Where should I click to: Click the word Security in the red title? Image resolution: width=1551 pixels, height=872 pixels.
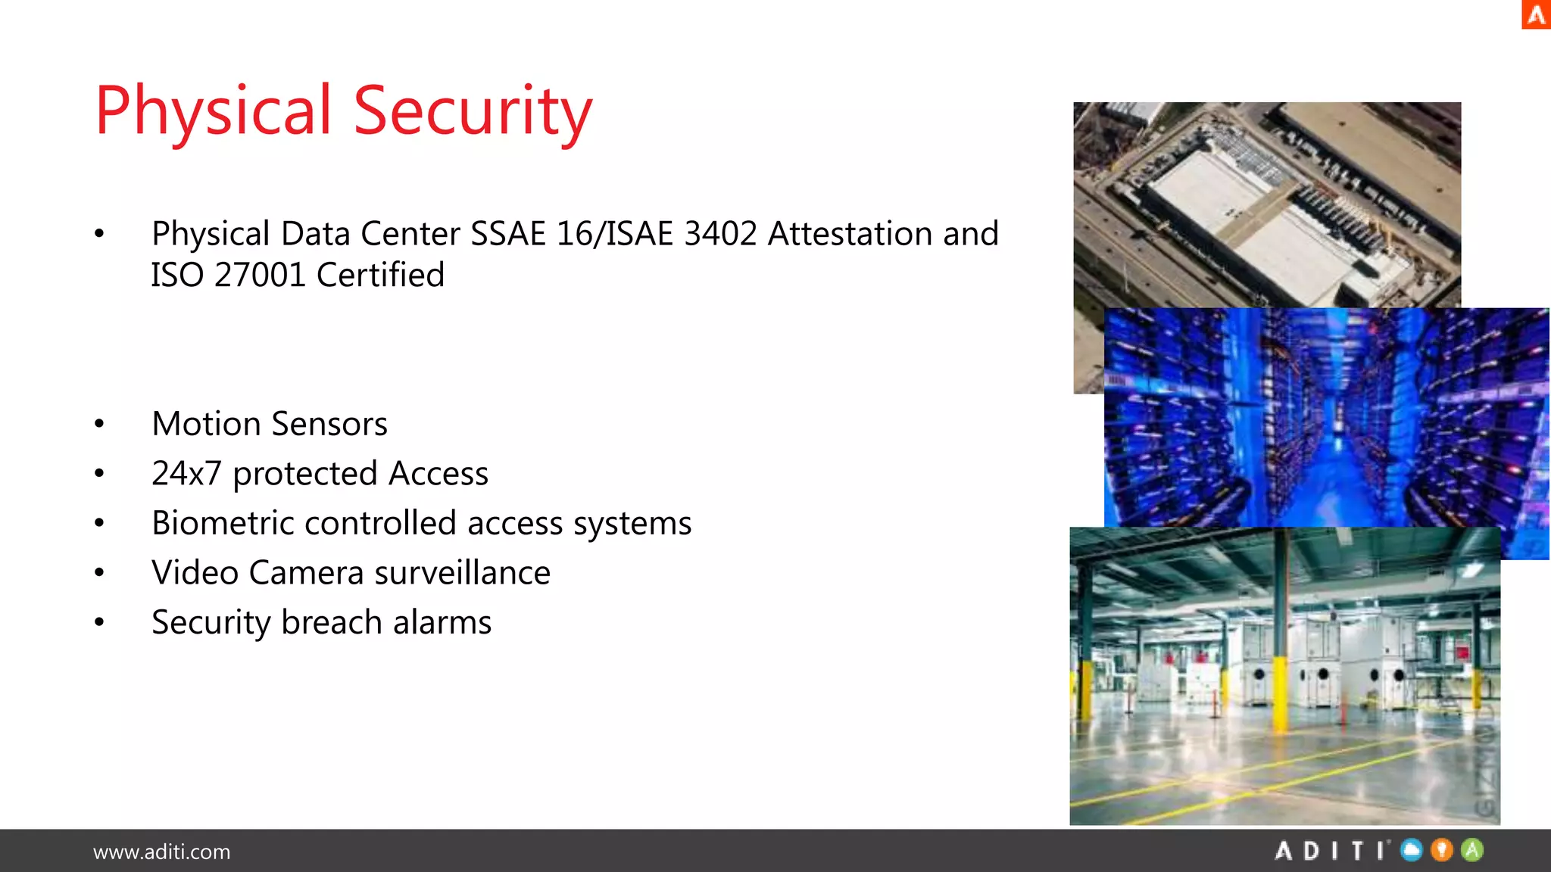[473, 112]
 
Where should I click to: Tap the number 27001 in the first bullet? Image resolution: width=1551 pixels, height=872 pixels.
[259, 275]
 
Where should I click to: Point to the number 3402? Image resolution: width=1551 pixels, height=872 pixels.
[720, 234]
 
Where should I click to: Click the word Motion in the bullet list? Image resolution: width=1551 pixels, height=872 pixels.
[206, 424]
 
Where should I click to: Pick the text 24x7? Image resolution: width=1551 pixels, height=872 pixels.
[186, 474]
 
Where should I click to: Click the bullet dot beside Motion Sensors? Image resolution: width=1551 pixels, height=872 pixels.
[99, 425]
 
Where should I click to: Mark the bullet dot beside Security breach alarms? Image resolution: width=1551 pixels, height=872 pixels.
[99, 623]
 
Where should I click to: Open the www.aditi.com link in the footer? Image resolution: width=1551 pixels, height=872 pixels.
[161, 852]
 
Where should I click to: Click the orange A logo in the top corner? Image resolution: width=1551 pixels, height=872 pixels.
[1536, 15]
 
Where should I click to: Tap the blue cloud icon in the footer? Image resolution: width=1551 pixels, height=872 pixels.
[1412, 850]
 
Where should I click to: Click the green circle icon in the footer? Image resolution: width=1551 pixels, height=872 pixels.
[1472, 850]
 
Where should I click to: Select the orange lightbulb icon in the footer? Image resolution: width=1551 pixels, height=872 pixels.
[1442, 850]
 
